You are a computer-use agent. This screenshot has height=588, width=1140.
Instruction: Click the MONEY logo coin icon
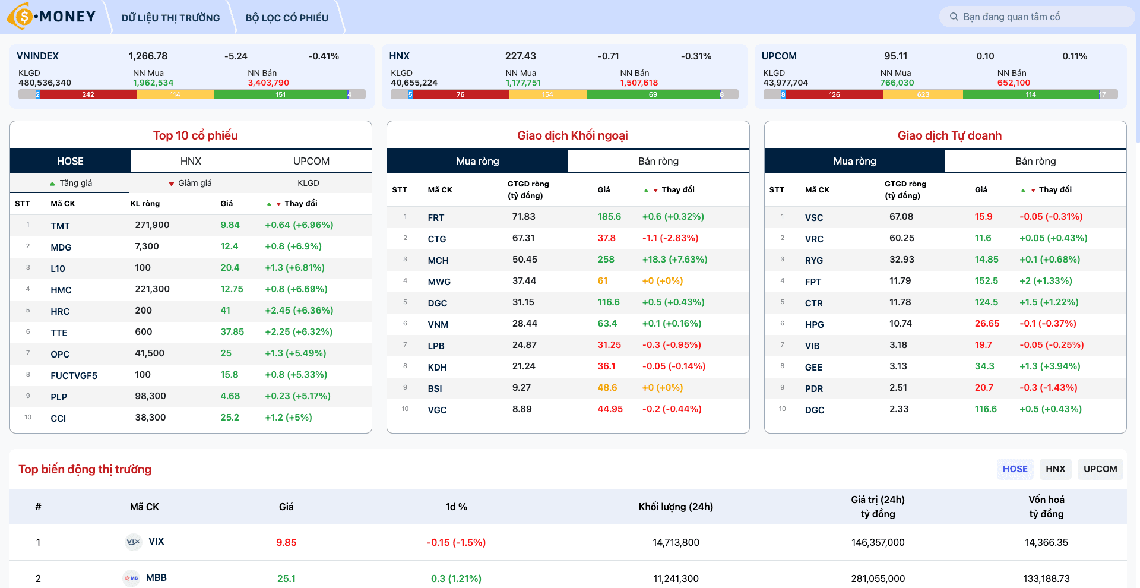click(21, 17)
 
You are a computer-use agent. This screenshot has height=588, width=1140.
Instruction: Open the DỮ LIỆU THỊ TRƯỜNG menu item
click(170, 18)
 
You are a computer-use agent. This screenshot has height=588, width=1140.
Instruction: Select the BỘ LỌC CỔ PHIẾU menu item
click(287, 18)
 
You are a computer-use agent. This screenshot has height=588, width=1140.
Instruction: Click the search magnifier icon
click(954, 17)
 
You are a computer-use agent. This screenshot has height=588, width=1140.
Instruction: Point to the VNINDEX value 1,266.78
click(148, 56)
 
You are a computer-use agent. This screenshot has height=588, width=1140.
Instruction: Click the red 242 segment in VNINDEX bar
click(88, 94)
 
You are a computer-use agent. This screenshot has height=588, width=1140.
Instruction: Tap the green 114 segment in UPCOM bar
click(1031, 94)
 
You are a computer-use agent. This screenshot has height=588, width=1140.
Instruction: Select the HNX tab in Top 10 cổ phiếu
click(191, 161)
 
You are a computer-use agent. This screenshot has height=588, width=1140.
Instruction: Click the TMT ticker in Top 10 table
click(60, 226)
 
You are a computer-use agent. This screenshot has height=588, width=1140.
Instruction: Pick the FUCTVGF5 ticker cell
click(74, 375)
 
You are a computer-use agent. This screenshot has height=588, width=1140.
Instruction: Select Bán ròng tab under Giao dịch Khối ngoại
click(658, 161)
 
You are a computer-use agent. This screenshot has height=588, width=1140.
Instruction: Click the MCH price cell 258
click(606, 260)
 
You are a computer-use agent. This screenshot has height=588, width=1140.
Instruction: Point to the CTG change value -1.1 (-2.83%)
click(670, 238)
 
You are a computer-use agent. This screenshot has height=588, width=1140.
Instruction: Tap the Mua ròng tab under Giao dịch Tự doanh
click(854, 161)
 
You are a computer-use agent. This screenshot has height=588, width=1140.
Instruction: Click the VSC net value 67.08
click(901, 217)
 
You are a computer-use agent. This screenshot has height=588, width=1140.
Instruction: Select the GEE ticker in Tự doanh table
click(813, 367)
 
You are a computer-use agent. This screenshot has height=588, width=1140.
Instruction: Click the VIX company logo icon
click(134, 542)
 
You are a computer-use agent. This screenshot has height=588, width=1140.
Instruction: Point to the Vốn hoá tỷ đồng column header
click(1046, 507)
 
